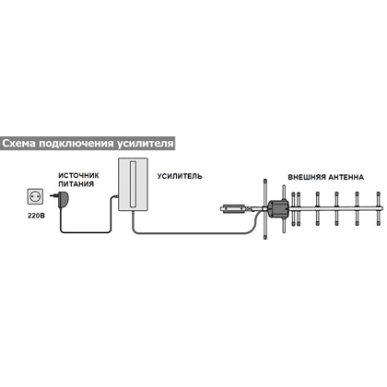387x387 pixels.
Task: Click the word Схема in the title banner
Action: point(19,143)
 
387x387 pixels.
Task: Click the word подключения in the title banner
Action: point(76,144)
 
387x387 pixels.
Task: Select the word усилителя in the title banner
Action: point(146,144)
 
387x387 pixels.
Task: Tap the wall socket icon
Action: point(35,196)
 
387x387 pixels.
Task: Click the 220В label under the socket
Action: point(36,216)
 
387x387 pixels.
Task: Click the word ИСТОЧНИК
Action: point(78,175)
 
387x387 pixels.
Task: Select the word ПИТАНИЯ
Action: point(76,184)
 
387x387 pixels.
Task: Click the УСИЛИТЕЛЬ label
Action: point(180,176)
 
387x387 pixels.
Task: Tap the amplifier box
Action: point(134,184)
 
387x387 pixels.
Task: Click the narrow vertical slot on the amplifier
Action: point(134,183)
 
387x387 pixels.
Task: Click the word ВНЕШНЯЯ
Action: point(306,177)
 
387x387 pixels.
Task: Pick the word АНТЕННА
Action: point(346,177)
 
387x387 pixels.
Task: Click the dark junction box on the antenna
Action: point(278,208)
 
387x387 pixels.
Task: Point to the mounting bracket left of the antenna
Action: point(234,209)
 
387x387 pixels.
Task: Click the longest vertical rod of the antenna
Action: point(265,209)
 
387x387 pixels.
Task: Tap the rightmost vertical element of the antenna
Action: point(378,208)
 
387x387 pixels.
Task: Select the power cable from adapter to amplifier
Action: point(87,232)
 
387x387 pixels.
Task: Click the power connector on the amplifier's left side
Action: point(116,196)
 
